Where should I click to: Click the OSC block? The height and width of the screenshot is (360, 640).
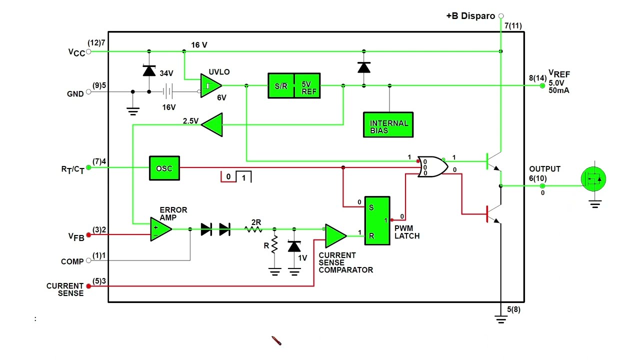[x=164, y=168]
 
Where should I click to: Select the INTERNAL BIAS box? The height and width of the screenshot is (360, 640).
[x=388, y=125]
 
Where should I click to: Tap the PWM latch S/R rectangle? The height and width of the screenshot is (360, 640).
[x=377, y=220]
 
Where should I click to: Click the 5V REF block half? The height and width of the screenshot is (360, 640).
[x=307, y=85]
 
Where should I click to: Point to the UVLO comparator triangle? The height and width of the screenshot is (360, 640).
[x=210, y=85]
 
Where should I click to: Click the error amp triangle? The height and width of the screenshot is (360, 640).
[x=160, y=229]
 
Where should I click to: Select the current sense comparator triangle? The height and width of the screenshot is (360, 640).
[x=335, y=236]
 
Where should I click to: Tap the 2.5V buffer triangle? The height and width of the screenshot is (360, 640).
[x=212, y=124]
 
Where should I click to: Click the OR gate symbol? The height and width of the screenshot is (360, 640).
[x=432, y=166]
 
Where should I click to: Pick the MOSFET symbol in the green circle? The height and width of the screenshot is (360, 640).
[x=593, y=179]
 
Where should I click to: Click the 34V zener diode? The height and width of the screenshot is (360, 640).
[x=149, y=70]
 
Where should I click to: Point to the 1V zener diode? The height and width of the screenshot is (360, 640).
[x=294, y=246]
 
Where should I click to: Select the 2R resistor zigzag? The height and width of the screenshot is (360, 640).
[x=253, y=229]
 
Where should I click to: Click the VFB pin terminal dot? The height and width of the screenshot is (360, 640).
[x=88, y=235]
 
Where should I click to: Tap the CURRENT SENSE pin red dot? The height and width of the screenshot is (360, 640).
[x=88, y=286]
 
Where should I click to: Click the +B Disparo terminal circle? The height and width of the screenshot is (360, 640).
[x=501, y=16]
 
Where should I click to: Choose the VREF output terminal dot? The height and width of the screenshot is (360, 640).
[x=542, y=85]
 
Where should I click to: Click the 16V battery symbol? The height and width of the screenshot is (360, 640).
[x=167, y=91]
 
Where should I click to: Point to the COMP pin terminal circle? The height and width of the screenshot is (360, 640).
[x=88, y=260]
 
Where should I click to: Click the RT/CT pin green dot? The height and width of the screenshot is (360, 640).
[x=88, y=167]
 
